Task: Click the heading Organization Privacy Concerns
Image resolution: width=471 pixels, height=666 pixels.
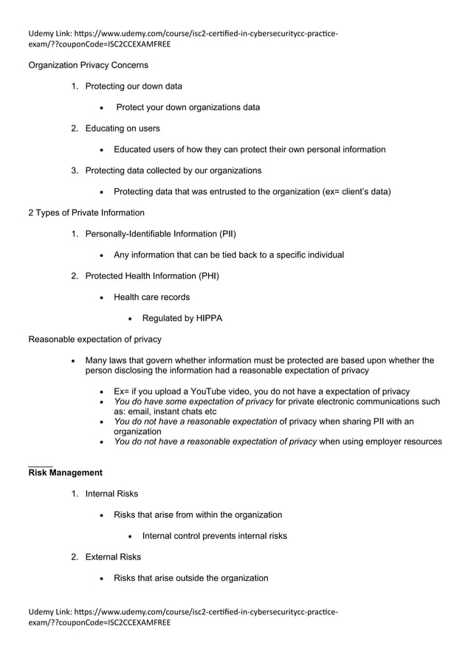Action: pyautogui.click(x=88, y=65)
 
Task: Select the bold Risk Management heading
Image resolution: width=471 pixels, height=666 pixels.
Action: pyautogui.click(x=65, y=472)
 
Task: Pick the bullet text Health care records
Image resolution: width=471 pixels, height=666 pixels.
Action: pyautogui.click(x=151, y=297)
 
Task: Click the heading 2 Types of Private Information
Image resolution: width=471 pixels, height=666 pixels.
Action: pyautogui.click(x=86, y=213)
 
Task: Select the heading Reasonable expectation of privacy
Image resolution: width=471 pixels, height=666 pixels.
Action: pyautogui.click(x=94, y=339)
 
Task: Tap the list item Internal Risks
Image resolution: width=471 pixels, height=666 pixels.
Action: pyautogui.click(x=111, y=493)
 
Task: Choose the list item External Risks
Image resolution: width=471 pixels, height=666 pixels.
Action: pyautogui.click(x=113, y=557)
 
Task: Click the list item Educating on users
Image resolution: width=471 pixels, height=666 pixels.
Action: pyautogui.click(x=123, y=128)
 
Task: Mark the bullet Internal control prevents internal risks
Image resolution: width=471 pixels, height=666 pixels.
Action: pyautogui.click(x=214, y=535)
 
